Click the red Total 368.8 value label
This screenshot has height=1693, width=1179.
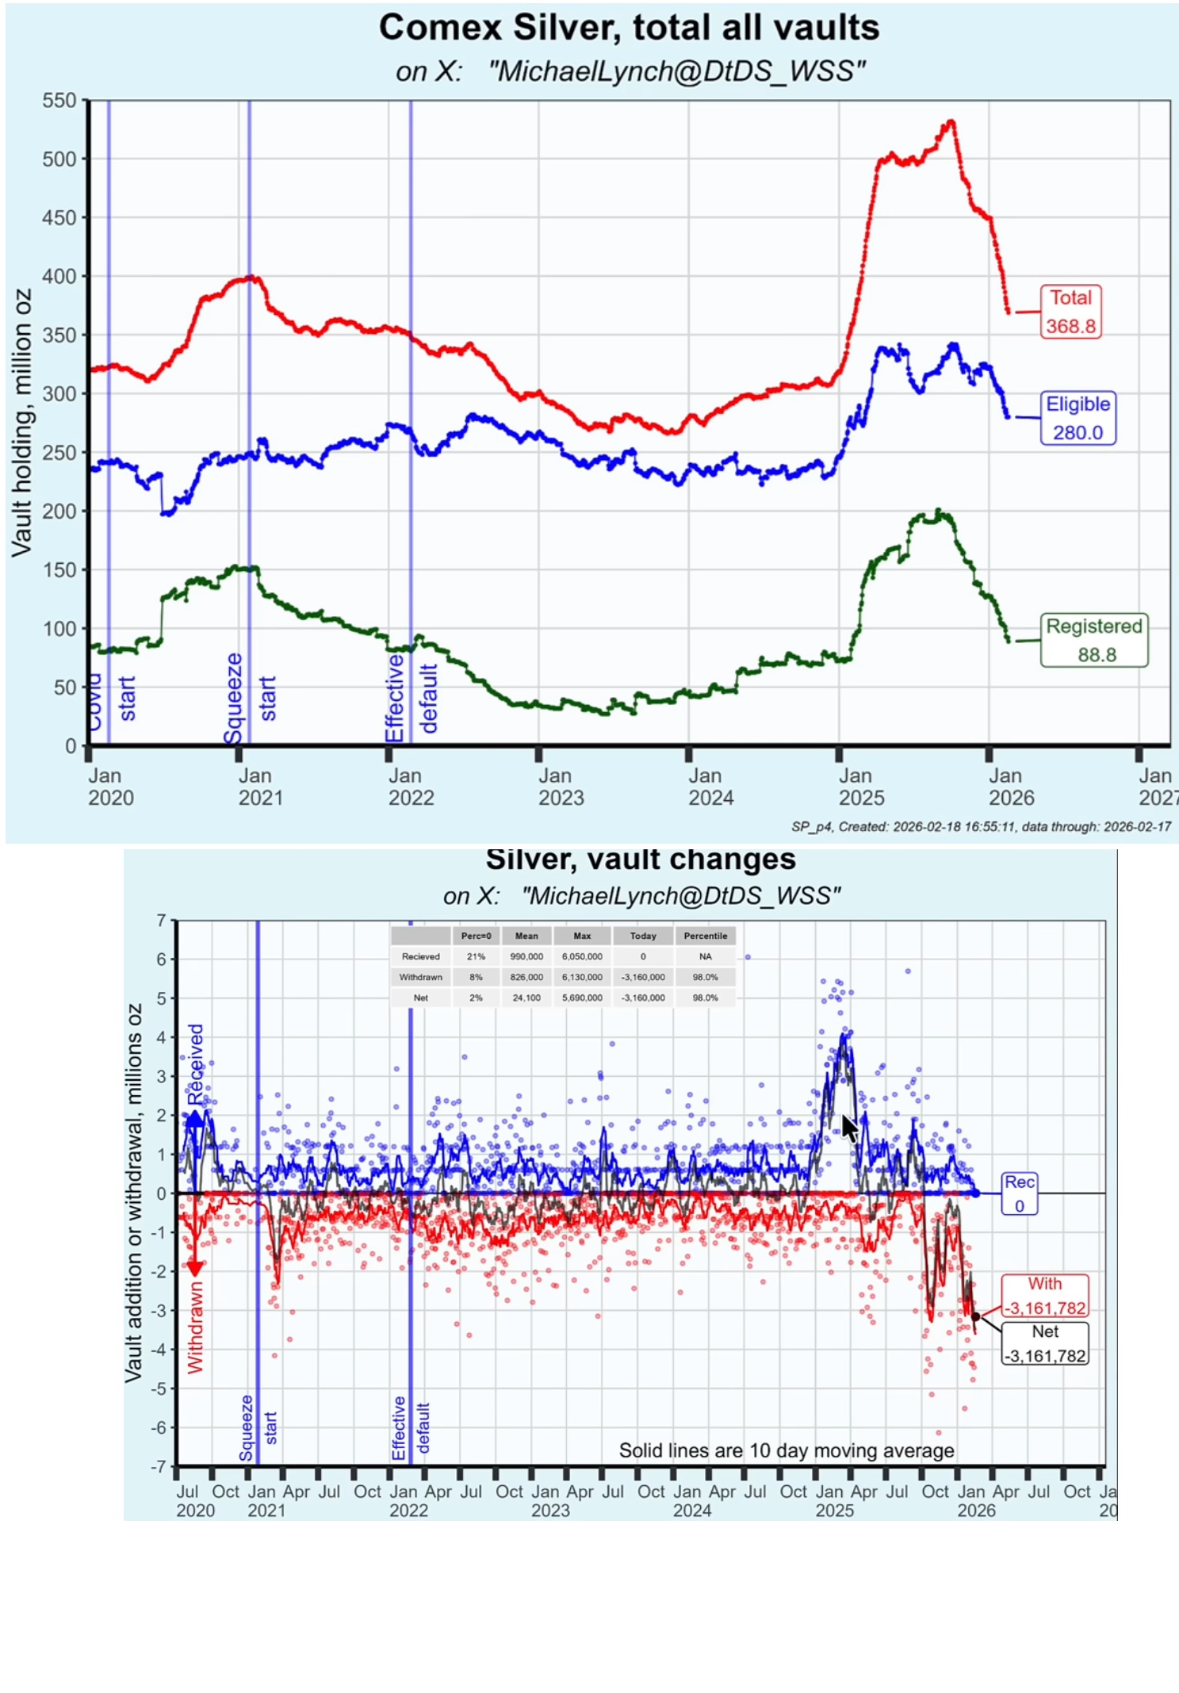coord(1070,312)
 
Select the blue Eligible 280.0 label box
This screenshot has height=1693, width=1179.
coord(1078,418)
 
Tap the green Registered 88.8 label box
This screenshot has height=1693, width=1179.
coord(1093,640)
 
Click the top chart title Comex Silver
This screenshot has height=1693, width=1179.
coord(629,28)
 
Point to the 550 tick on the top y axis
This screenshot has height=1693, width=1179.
coord(59,101)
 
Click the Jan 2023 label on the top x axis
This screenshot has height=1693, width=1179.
coord(561,787)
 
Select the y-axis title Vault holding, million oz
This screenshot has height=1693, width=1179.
coord(22,423)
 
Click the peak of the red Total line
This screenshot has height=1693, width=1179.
coord(951,121)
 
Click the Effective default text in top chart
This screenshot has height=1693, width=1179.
coord(411,698)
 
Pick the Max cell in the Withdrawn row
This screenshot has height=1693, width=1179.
coord(582,977)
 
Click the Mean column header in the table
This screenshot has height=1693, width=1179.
coord(526,936)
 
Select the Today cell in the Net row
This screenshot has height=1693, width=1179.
coord(643,998)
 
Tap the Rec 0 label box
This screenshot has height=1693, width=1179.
coord(1020,1193)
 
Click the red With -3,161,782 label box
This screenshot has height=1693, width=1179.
coord(1045,1296)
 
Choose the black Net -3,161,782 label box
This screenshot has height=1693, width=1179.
coord(1045,1343)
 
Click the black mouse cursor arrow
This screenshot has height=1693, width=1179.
coord(848,1127)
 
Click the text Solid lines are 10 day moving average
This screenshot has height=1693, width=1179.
coord(787,1450)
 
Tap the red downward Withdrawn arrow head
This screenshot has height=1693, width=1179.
coord(194,1269)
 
